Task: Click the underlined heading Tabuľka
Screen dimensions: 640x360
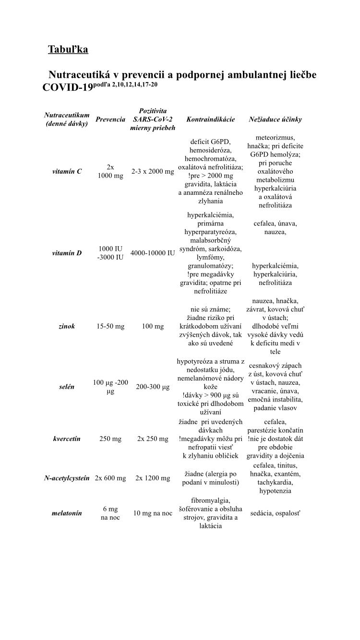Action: tap(68, 49)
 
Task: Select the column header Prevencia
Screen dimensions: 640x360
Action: tap(110, 119)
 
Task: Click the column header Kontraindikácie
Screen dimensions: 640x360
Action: tap(210, 119)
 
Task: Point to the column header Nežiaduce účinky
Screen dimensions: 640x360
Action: tap(275, 119)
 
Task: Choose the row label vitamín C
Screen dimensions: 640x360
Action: tap(67, 171)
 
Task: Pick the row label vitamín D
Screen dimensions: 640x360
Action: tap(67, 253)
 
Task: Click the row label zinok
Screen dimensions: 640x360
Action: tap(67, 326)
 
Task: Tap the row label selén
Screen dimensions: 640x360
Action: tap(67, 387)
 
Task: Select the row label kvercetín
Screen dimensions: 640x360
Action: tap(67, 439)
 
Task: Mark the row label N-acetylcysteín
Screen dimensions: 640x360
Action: tap(67, 478)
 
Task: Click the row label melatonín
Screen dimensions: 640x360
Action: tap(67, 513)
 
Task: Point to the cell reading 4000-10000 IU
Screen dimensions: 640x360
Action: tap(153, 253)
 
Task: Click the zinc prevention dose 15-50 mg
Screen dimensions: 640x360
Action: tap(110, 326)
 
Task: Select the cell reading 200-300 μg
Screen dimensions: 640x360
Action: tap(153, 387)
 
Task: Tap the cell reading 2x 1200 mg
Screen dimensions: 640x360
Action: tap(153, 478)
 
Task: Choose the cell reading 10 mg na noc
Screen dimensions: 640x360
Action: tap(153, 513)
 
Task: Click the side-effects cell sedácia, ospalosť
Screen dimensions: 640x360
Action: tap(275, 513)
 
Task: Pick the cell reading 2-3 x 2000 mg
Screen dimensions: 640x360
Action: tap(153, 171)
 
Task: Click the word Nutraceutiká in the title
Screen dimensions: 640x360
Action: tap(83, 75)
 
